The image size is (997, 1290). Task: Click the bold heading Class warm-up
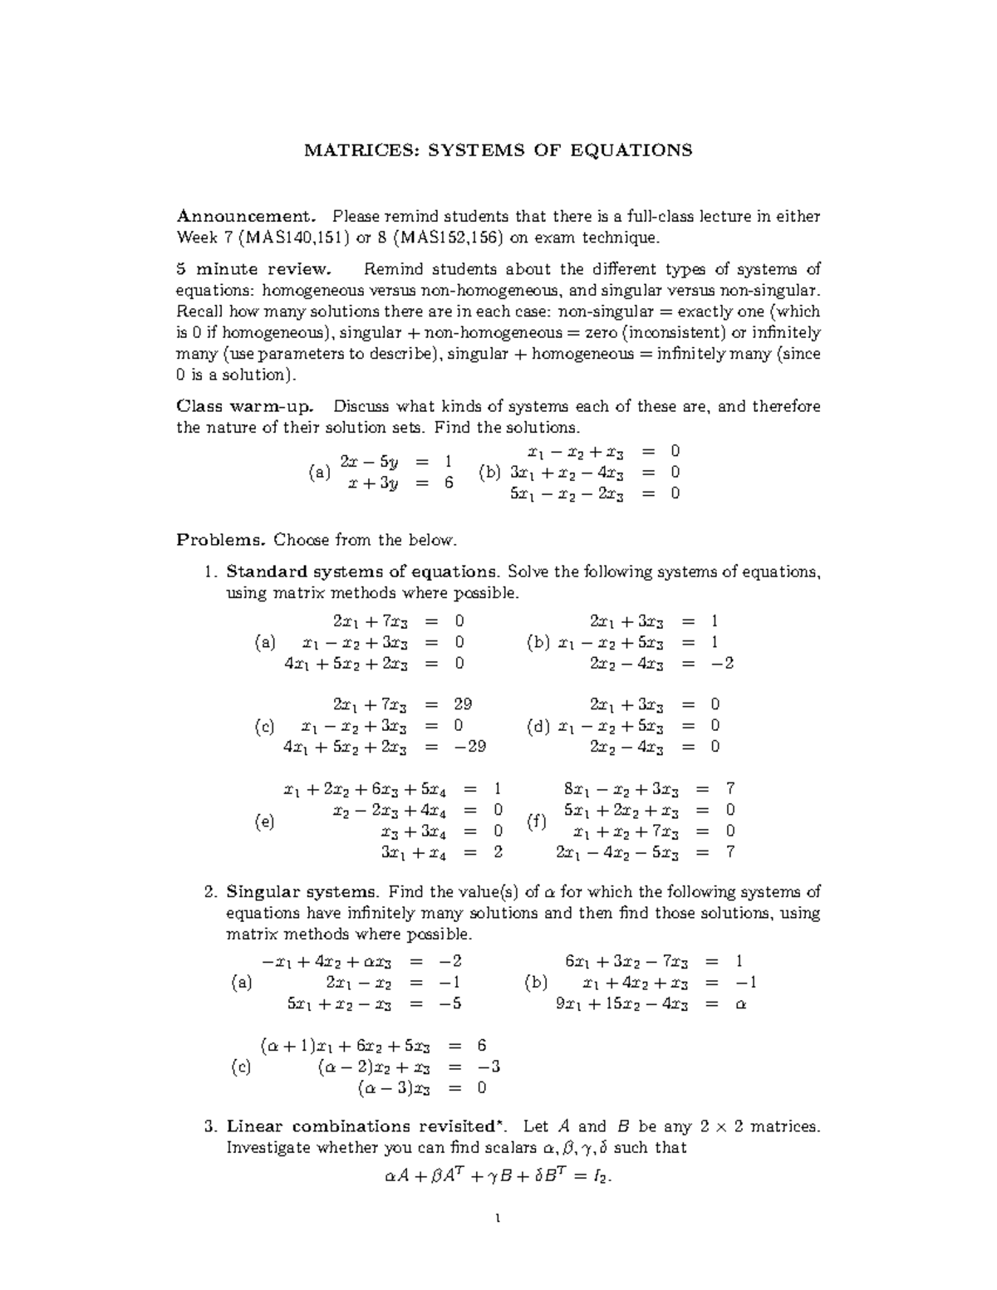245,406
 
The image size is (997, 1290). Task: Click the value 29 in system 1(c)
463,704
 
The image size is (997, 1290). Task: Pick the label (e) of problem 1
264,822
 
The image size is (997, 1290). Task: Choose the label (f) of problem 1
537,822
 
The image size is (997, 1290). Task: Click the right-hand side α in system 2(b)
741,1004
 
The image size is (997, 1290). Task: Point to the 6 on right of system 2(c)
482,1046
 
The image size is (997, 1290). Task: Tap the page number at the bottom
498,1220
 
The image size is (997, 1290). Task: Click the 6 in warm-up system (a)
449,483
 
